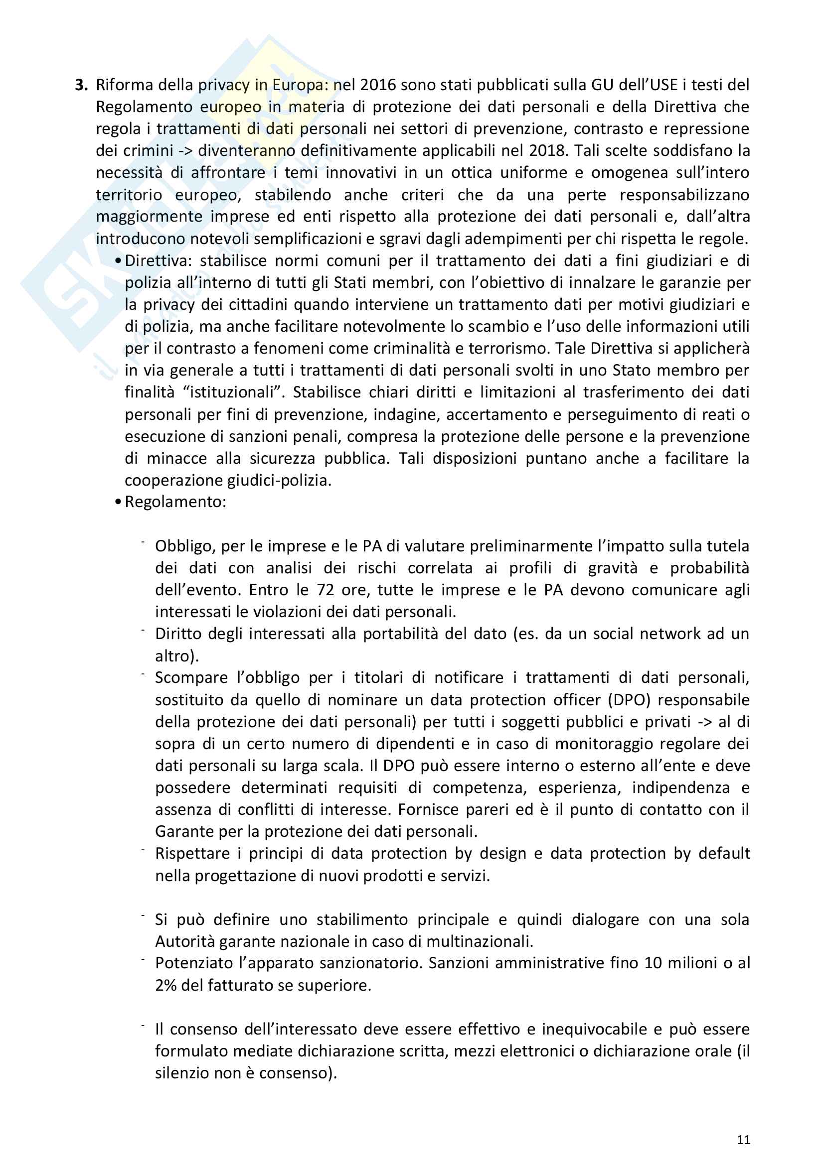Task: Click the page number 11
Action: tap(743, 1140)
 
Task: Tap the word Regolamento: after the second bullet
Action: tap(175, 502)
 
